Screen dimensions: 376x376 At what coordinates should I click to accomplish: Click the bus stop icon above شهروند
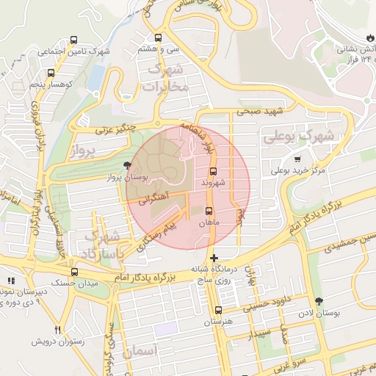tap(213, 170)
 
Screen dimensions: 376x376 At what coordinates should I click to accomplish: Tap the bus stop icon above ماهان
tap(209, 211)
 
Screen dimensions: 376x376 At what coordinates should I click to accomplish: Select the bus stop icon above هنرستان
tap(217, 311)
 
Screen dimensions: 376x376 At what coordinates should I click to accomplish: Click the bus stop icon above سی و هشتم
tap(159, 37)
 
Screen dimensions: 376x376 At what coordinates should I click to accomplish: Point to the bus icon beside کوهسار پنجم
tap(51, 73)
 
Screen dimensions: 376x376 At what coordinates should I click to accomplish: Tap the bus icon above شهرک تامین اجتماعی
tap(73, 40)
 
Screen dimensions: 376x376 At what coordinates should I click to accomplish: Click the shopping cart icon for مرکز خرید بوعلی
tap(297, 159)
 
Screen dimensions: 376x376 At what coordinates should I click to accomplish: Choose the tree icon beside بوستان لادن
tap(318, 301)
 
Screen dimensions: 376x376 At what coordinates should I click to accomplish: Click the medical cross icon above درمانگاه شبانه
tap(213, 258)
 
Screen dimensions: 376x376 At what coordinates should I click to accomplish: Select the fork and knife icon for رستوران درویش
tap(58, 330)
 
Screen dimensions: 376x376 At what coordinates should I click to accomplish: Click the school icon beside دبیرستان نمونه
tap(10, 281)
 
